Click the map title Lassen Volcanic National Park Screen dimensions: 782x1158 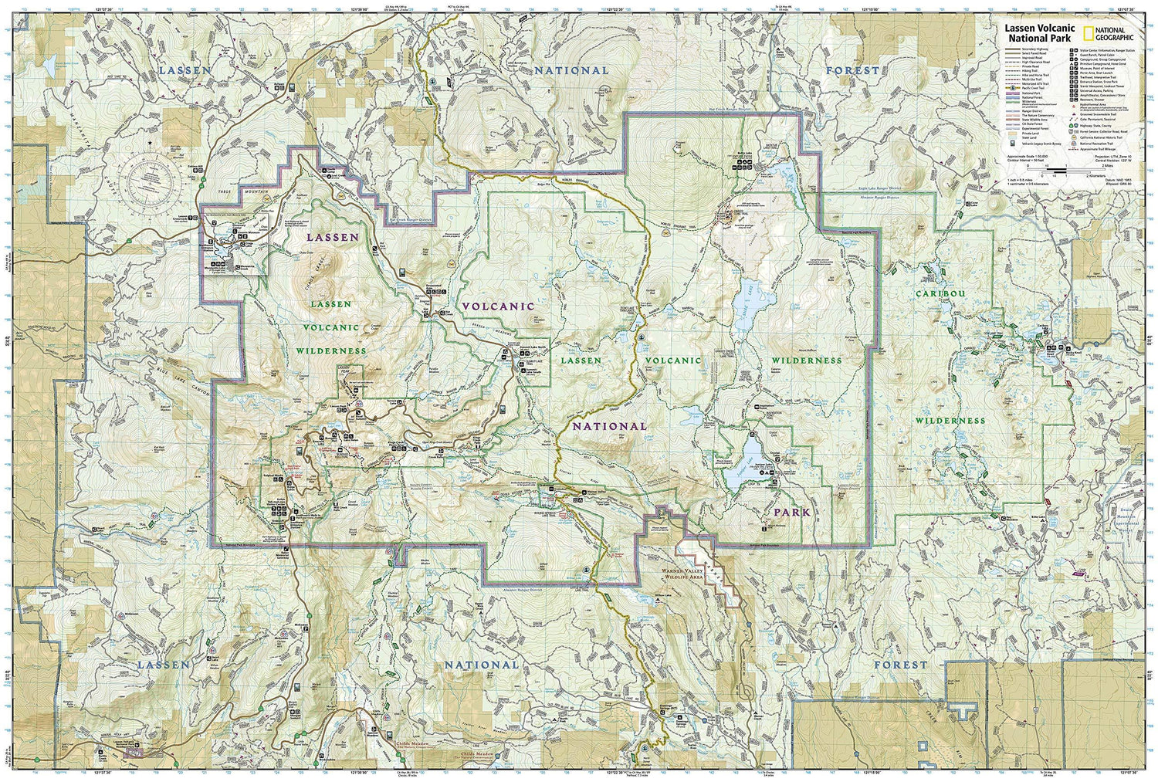1039,32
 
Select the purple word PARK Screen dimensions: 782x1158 792,512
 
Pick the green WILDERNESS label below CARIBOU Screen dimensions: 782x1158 950,421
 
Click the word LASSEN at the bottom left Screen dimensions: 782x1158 163,664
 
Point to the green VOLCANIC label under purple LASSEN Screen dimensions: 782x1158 330,327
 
